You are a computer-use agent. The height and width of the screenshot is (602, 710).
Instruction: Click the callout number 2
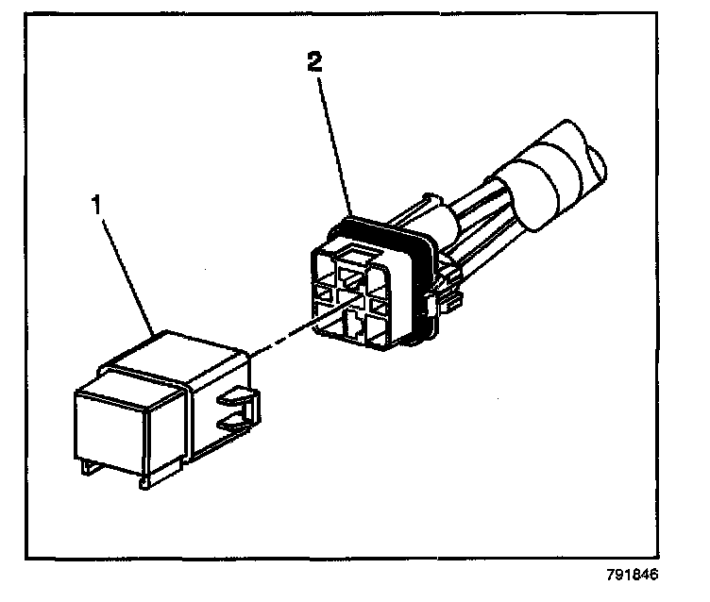pos(314,65)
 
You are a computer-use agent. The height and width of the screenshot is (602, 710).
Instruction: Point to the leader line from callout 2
pos(334,142)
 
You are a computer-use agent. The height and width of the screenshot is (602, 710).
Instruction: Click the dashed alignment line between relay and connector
pos(282,336)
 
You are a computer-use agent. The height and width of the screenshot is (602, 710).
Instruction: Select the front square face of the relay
pos(113,424)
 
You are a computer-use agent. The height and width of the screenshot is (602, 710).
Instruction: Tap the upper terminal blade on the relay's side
pos(235,400)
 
